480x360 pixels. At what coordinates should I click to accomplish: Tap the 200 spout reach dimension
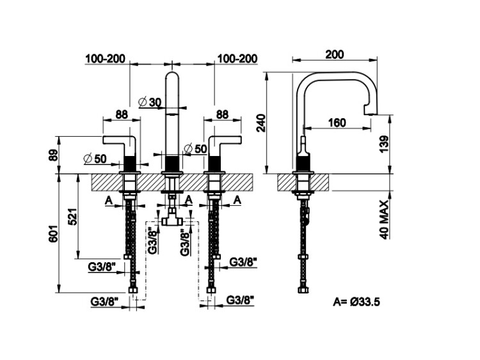(x=333, y=54)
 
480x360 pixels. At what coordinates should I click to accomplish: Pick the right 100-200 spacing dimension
(x=237, y=59)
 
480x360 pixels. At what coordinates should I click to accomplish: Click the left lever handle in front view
(x=122, y=142)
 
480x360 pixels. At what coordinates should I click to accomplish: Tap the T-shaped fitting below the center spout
(x=171, y=219)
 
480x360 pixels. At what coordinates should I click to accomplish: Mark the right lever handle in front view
(x=222, y=142)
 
